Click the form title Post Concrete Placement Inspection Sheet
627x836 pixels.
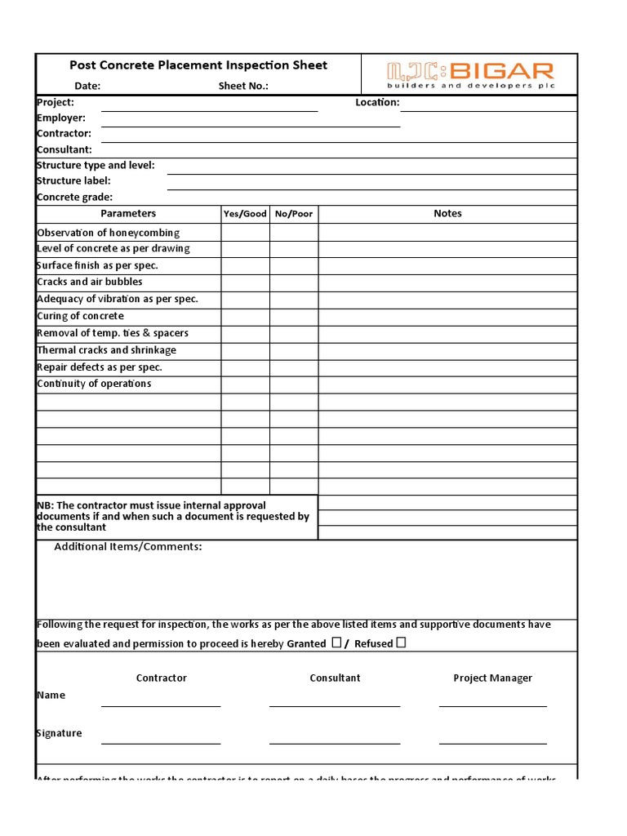tap(198, 65)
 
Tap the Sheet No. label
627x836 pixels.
tap(242, 86)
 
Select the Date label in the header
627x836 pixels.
tap(87, 86)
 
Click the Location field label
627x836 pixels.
tap(376, 103)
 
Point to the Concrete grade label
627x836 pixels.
tap(74, 197)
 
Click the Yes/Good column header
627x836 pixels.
tap(245, 214)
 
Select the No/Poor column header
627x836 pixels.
tap(294, 214)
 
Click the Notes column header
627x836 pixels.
tap(447, 214)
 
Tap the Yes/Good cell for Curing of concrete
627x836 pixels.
tap(245, 317)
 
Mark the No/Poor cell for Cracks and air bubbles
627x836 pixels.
tap(294, 282)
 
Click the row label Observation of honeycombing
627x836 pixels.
tap(108, 233)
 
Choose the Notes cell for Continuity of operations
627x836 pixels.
tap(447, 385)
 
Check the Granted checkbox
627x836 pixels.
tap(336, 643)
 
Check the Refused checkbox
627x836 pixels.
tap(401, 643)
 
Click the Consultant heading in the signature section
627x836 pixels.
tap(335, 678)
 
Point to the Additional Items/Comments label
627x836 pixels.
tap(128, 547)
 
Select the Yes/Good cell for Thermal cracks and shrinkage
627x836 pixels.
tap(245, 350)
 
